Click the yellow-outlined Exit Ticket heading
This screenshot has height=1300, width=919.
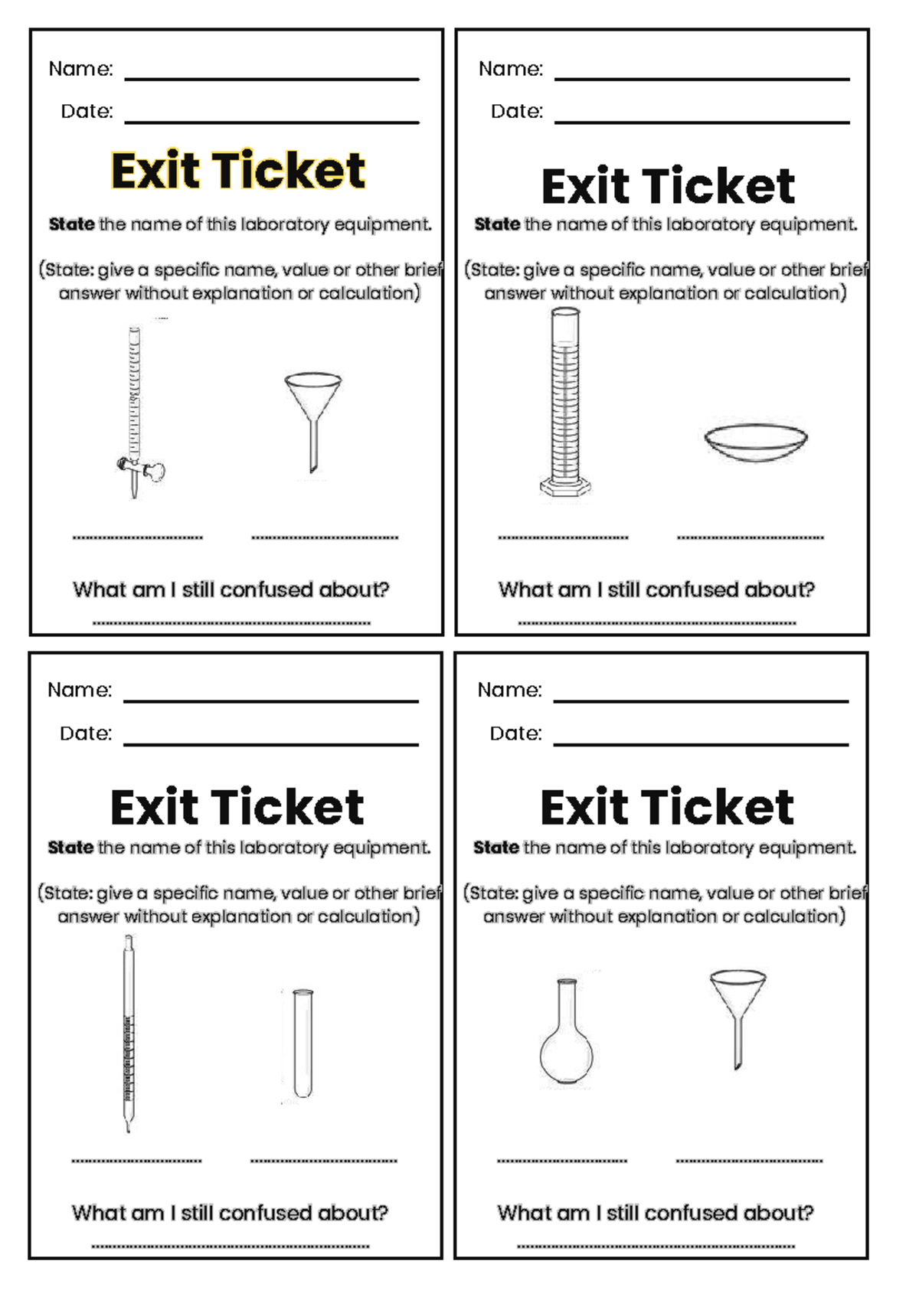(x=237, y=170)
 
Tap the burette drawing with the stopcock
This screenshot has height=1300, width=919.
(x=135, y=406)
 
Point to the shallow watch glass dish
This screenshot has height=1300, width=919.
(x=755, y=443)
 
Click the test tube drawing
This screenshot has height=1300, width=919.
(x=303, y=1043)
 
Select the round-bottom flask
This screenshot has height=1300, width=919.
(x=567, y=1034)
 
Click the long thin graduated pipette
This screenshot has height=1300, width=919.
(x=129, y=1034)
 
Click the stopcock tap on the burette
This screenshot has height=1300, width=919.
(x=142, y=468)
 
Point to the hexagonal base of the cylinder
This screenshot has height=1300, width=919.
(x=565, y=487)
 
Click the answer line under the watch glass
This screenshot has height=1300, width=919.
(x=750, y=537)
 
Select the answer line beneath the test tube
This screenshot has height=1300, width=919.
(x=323, y=1161)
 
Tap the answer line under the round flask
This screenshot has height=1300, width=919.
(x=561, y=1161)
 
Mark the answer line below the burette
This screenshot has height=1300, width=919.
(x=138, y=537)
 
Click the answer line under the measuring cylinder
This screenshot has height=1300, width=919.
(x=563, y=537)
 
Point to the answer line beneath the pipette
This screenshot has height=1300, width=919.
(x=136, y=1161)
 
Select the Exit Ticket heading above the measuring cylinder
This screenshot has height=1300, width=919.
(x=668, y=187)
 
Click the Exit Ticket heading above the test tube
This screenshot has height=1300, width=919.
(x=237, y=807)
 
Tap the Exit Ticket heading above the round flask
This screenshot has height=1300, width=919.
(x=667, y=807)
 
